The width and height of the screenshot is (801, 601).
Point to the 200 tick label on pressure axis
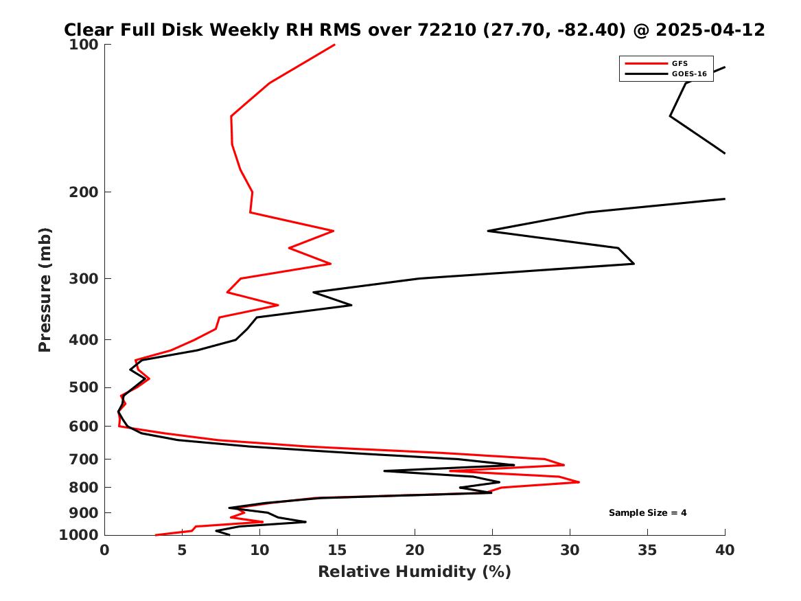pos(83,192)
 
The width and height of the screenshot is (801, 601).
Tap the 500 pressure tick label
pos(83,387)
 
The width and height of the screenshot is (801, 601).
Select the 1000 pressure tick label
pos(79,535)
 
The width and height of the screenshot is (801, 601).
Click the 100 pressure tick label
pos(83,45)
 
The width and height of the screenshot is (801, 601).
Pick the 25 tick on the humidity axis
pos(492,550)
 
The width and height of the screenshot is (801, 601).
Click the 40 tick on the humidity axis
pos(725,550)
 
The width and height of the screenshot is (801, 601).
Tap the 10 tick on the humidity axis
pos(260,550)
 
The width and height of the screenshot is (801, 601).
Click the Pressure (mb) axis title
pos(45,290)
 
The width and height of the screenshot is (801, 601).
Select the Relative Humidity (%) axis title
pos(415,571)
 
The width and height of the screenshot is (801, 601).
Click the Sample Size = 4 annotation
pos(648,512)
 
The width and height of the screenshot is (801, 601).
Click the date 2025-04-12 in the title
pos(710,30)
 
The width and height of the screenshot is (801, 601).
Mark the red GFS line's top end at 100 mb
pos(334,45)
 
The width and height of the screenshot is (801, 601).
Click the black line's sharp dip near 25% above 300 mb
pos(489,231)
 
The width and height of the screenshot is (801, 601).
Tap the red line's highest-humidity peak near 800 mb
pos(579,482)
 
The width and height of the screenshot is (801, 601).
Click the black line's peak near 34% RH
pos(634,264)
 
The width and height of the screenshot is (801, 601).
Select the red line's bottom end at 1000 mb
pos(155,535)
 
